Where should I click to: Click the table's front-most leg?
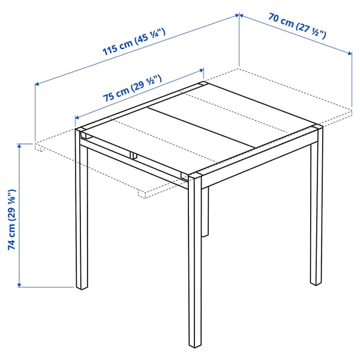196,264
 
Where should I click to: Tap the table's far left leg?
82,216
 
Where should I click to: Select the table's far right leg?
316,210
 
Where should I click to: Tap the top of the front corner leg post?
196,177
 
